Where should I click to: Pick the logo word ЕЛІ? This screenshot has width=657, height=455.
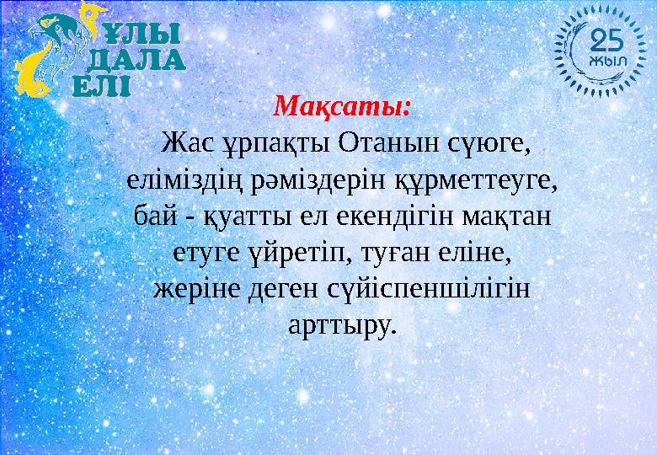click(x=101, y=84)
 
